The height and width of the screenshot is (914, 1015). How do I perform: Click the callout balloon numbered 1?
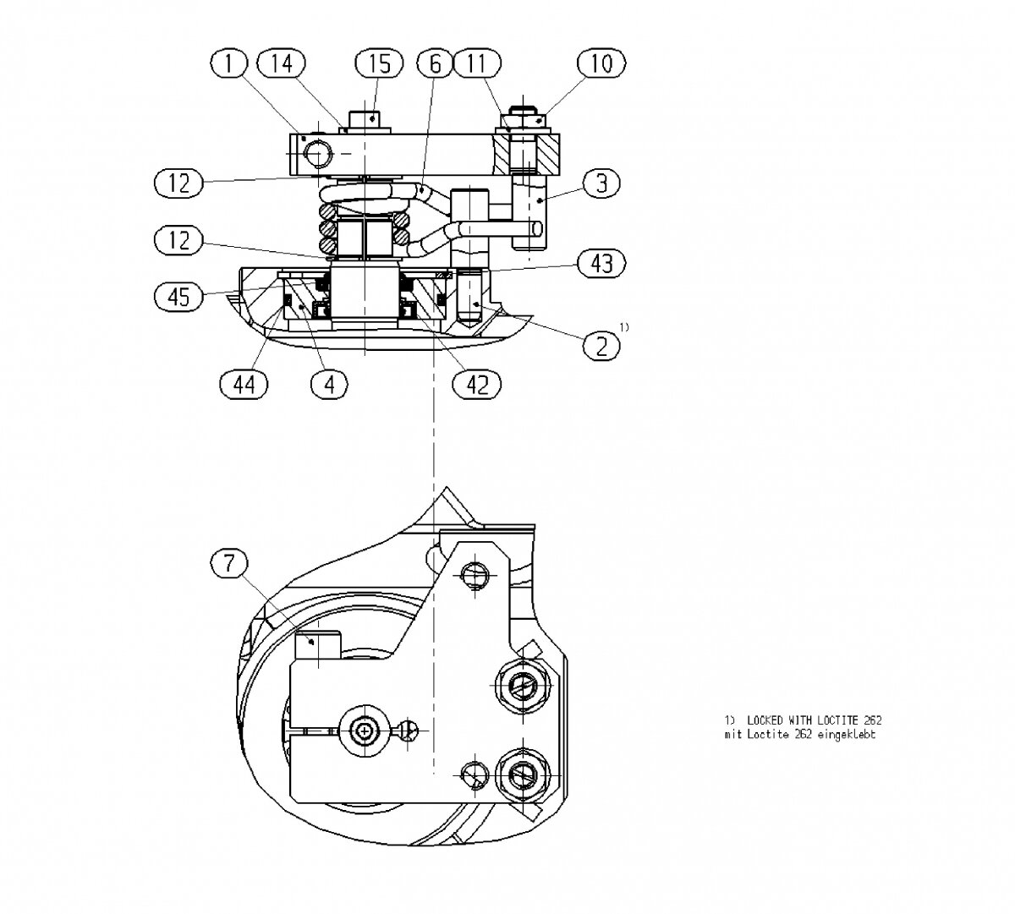pos(230,63)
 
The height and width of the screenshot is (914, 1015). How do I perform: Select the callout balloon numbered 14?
pos(281,63)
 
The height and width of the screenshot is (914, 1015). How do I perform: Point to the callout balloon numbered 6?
pos(435,63)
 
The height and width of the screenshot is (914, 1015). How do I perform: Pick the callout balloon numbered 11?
pos(477,63)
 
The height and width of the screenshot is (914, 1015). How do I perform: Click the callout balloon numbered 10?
pos(601,63)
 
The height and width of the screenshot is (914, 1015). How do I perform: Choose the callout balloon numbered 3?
pos(601,183)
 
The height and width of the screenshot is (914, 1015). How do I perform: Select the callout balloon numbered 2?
pos(601,345)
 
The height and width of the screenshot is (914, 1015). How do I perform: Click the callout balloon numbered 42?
pos(477,385)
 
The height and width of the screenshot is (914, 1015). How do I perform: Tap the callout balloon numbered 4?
pos(329,385)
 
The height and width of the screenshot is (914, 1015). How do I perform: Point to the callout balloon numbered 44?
pos(244,385)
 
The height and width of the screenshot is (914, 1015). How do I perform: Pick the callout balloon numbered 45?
pos(179,296)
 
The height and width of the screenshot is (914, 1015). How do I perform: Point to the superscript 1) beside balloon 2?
pos(623,326)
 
